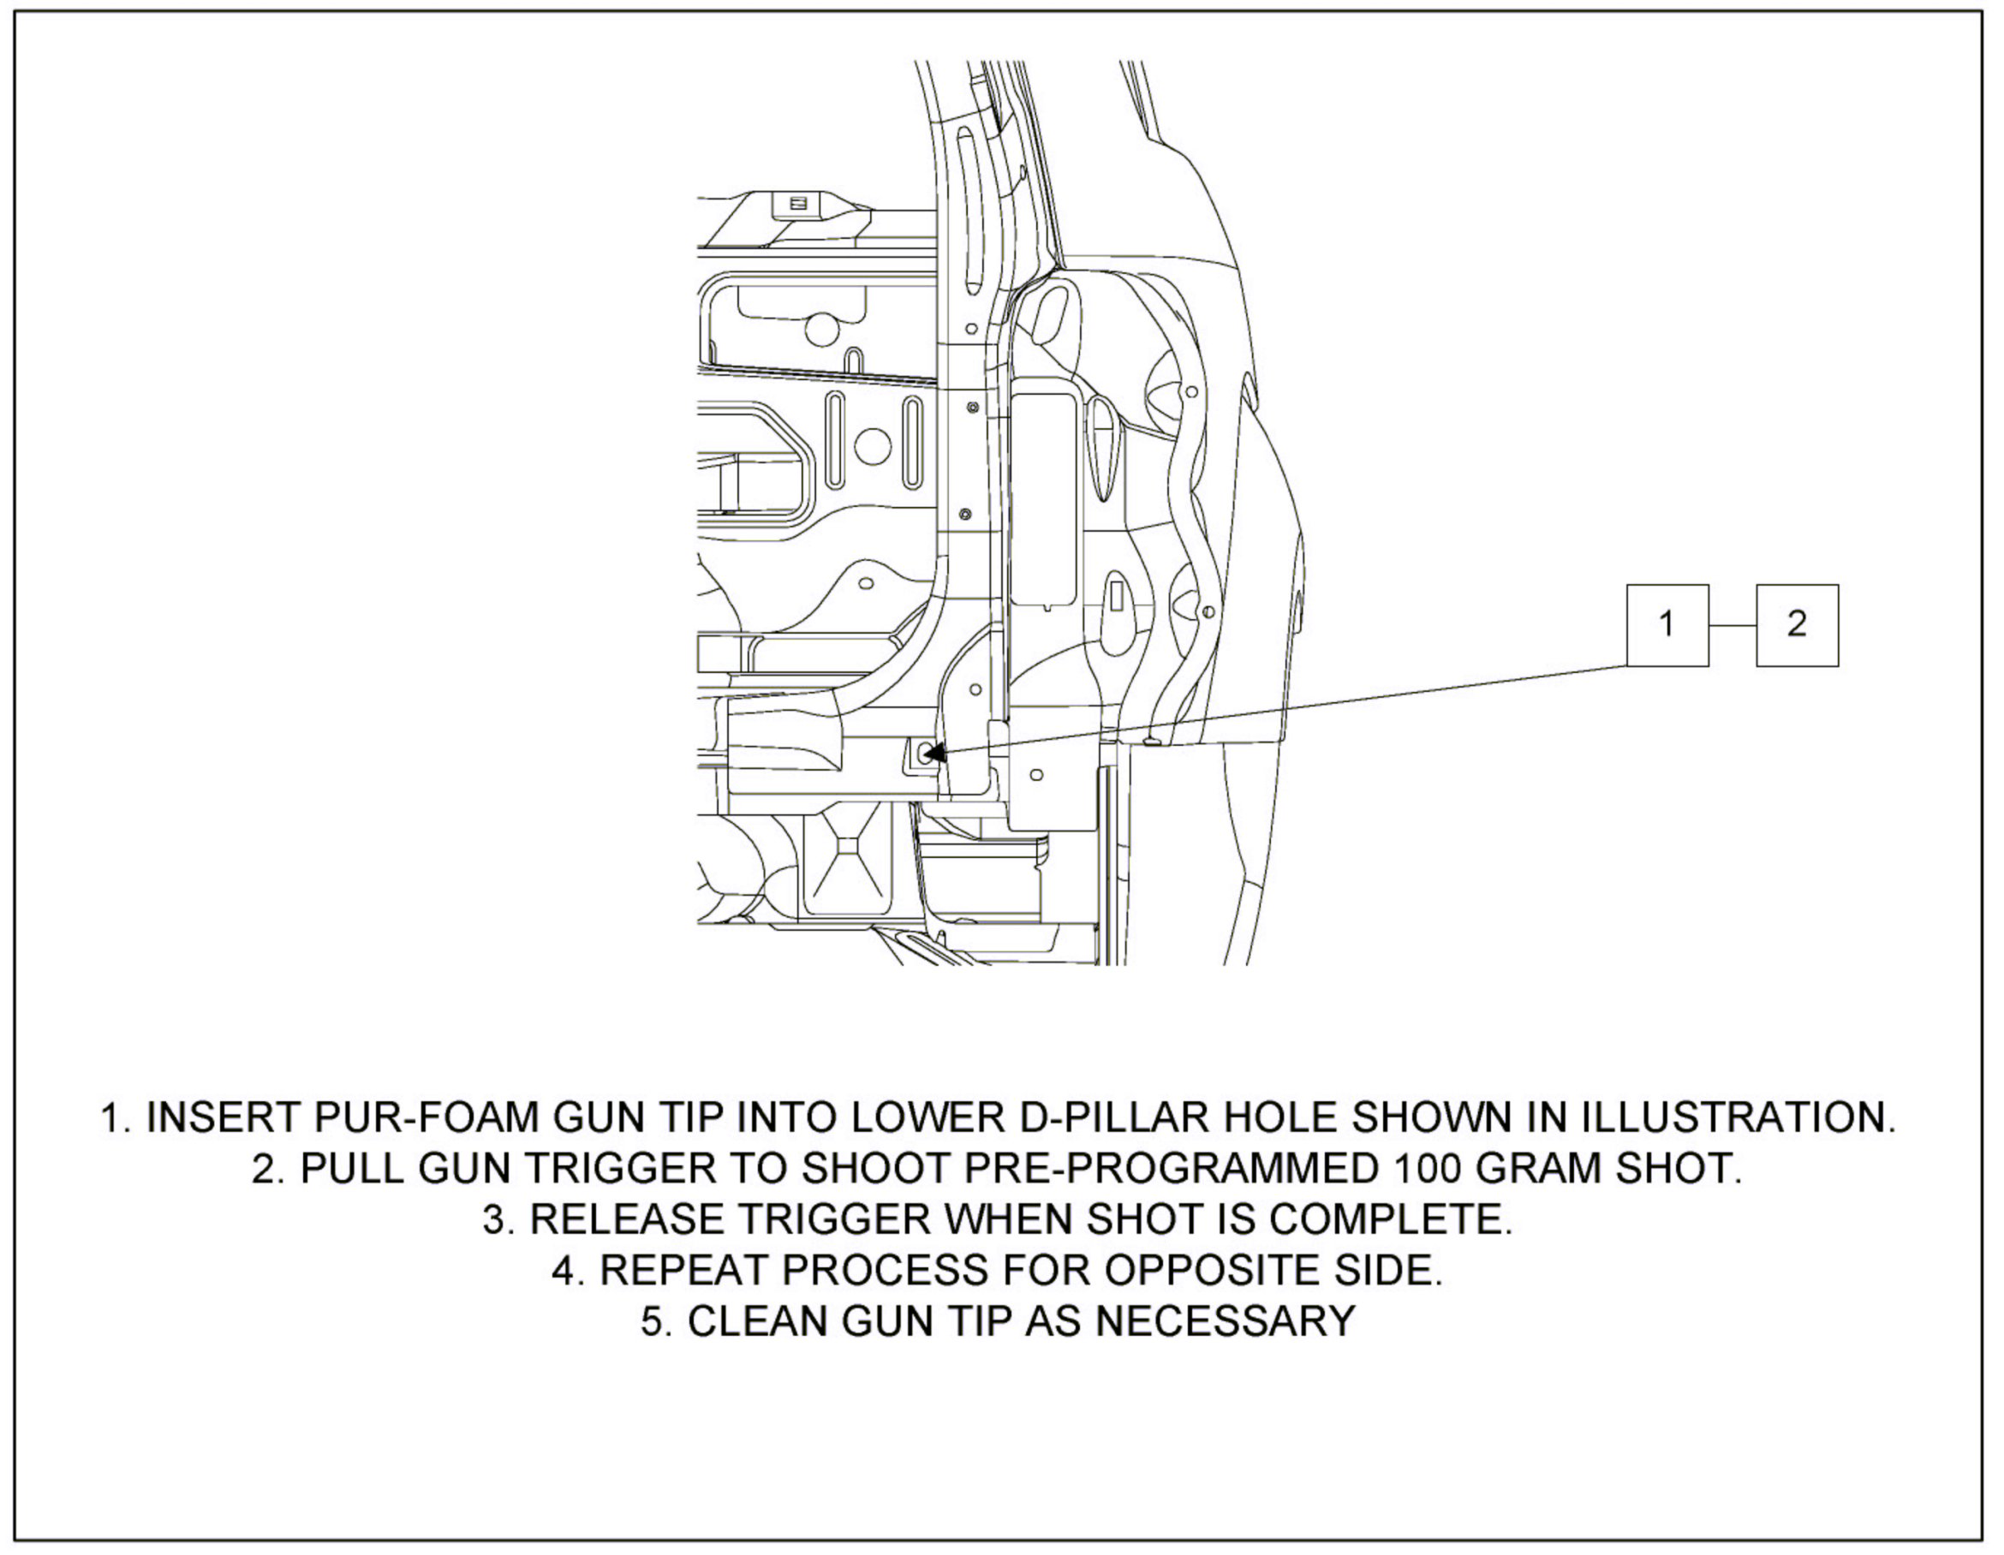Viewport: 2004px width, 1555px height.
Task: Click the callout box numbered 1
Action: pos(1667,625)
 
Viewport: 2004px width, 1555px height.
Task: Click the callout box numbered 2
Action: pos(1797,625)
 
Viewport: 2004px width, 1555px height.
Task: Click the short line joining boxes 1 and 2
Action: pos(1733,626)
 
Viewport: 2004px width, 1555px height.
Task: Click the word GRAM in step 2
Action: pos(1542,1169)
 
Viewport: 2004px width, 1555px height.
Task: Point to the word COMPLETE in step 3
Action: pos(1389,1219)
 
